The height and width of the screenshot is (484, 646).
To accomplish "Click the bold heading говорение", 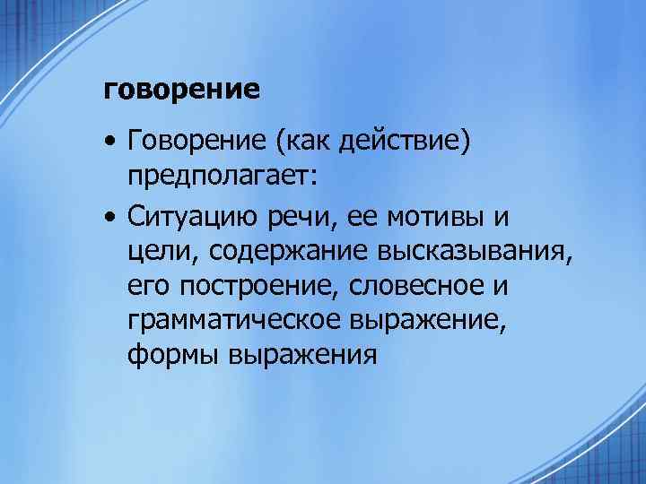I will coord(182,91).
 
